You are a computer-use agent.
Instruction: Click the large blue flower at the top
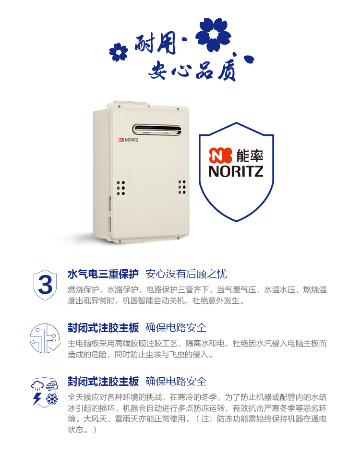[x=213, y=34]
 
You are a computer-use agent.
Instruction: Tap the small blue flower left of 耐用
[x=119, y=52]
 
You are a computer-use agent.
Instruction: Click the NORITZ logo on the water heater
[x=128, y=140]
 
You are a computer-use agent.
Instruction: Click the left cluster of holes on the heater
[x=120, y=188]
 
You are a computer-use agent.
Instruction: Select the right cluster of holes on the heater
[x=182, y=187]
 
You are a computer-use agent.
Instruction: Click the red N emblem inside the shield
[x=220, y=155]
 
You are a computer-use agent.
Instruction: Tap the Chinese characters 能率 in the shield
[x=250, y=156]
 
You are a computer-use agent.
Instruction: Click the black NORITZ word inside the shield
[x=236, y=171]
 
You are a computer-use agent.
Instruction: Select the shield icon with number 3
[x=45, y=285]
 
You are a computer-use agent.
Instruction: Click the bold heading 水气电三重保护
[x=103, y=274]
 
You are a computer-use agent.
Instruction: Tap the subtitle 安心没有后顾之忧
[x=186, y=274]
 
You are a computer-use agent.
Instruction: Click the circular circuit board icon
[x=45, y=338]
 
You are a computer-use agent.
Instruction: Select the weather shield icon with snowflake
[x=45, y=392]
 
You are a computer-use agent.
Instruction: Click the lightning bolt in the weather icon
[x=37, y=398]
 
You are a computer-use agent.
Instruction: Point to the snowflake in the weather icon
[x=52, y=399]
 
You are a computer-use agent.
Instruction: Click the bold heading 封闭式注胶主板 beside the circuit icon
[x=103, y=328]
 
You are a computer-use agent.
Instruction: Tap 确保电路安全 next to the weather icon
[x=176, y=381]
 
